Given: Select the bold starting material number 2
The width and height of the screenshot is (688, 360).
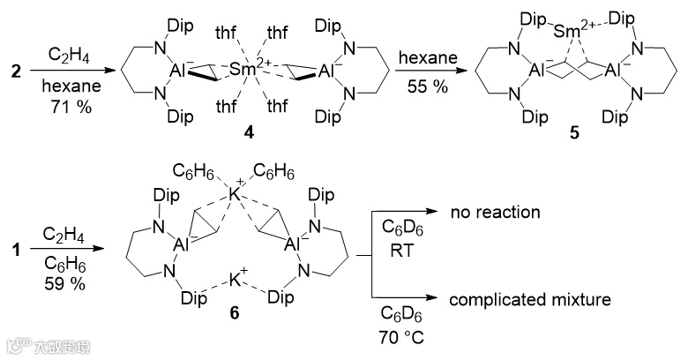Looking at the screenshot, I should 13,68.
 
